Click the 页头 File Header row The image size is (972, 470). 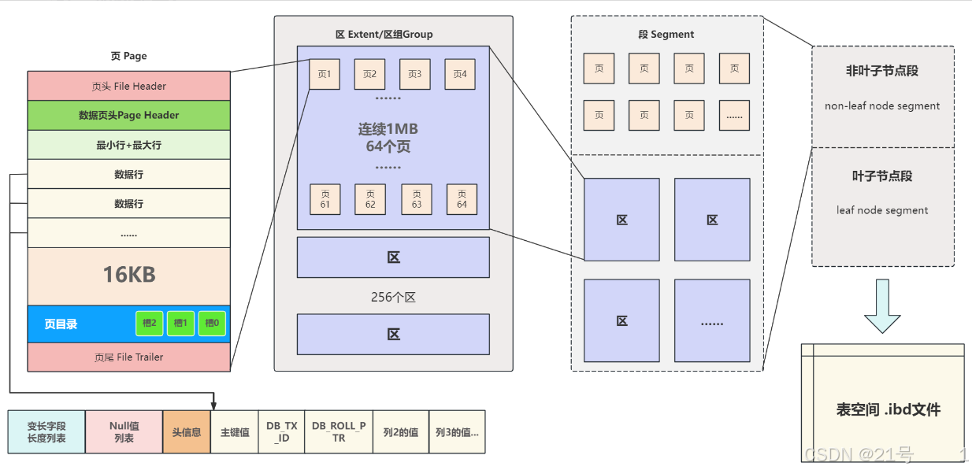pyautogui.click(x=128, y=86)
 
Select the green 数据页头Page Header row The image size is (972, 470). pyautogui.click(x=128, y=115)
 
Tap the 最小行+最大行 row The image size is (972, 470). pyautogui.click(x=128, y=145)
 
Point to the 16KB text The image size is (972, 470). pyautogui.click(x=128, y=274)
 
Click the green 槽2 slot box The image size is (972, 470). pyautogui.click(x=149, y=324)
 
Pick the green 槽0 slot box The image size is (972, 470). pyautogui.click(x=212, y=324)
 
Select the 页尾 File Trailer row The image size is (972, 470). pyautogui.click(x=128, y=357)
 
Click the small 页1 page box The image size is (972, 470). pyautogui.click(x=325, y=74)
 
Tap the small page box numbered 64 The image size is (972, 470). pyautogui.click(x=462, y=199)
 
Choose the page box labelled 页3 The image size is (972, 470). pyautogui.click(x=415, y=74)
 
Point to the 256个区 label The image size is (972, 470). pyautogui.click(x=392, y=297)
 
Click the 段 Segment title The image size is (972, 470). pyautogui.click(x=666, y=35)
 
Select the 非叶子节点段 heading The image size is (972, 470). pyautogui.click(x=882, y=71)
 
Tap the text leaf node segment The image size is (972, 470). pyautogui.click(x=882, y=210)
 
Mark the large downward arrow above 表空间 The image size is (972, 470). pyautogui.click(x=882, y=307)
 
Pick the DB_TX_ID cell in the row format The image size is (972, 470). pyautogui.click(x=281, y=431)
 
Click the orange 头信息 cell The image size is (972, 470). pyautogui.click(x=187, y=432)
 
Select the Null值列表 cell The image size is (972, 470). pyautogui.click(x=124, y=431)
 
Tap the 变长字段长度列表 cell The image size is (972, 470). pyautogui.click(x=46, y=431)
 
